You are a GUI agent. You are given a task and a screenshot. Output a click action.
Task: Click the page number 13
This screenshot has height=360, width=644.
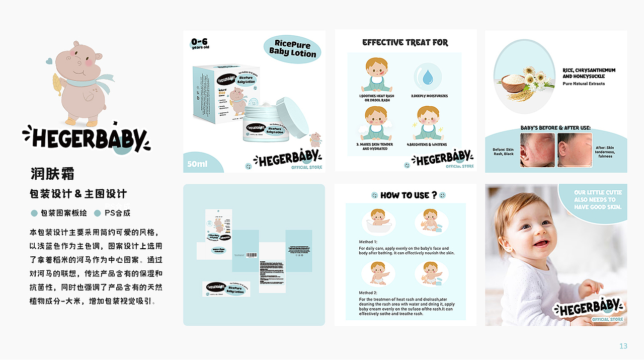coord(623,346)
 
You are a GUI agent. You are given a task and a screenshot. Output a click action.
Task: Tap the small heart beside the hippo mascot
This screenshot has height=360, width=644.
coord(48,61)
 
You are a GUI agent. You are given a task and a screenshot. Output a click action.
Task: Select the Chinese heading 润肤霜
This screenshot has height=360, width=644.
coord(52,174)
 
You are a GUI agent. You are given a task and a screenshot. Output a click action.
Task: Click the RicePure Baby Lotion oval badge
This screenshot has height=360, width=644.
coord(292,48)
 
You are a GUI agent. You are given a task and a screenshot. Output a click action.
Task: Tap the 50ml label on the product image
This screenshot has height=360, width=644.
coord(198,164)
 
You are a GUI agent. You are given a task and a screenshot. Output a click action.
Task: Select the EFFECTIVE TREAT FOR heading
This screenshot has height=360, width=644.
coord(405,43)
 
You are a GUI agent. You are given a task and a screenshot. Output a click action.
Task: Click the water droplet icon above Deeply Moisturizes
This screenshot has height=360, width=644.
coord(428,77)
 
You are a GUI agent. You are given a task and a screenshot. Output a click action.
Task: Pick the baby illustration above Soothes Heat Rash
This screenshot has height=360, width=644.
coord(376,75)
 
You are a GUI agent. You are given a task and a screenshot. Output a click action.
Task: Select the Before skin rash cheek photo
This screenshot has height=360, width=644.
coord(537,150)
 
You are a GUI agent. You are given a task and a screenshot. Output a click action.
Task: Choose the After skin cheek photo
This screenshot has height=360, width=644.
coord(575,150)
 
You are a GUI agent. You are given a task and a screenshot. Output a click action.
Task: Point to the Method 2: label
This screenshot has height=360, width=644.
coord(368,293)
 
